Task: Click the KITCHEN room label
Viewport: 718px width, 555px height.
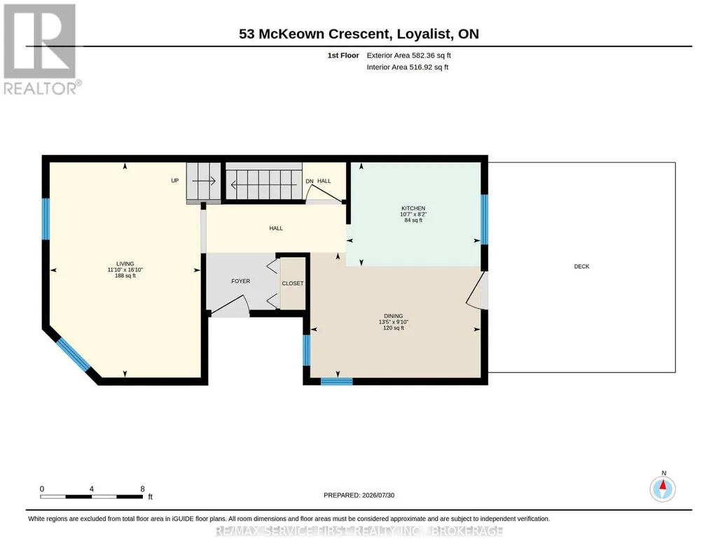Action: pos(413,208)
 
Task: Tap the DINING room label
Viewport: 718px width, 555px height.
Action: pos(394,316)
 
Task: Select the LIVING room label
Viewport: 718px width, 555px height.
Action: pos(125,263)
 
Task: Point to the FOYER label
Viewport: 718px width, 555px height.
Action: pos(240,281)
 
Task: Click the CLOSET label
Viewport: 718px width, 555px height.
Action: pos(293,283)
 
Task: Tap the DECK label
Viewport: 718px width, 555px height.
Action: pos(581,266)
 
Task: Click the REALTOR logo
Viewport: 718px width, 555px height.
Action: pos(41,49)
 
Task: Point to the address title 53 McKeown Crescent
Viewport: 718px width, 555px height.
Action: pos(314,34)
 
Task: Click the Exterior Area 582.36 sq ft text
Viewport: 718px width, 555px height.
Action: pos(408,55)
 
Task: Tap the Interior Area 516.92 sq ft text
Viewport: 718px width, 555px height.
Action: pos(408,67)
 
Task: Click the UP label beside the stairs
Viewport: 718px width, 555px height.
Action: pos(175,181)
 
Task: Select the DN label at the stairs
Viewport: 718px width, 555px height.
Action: pos(310,181)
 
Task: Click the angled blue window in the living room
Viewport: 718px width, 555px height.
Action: pos(74,355)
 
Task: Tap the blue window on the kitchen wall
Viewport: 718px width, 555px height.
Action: pos(485,219)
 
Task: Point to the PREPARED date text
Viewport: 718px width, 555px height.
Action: pos(359,495)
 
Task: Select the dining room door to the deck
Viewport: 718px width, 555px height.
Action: pos(476,291)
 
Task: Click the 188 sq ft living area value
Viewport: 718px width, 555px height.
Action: pos(125,275)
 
